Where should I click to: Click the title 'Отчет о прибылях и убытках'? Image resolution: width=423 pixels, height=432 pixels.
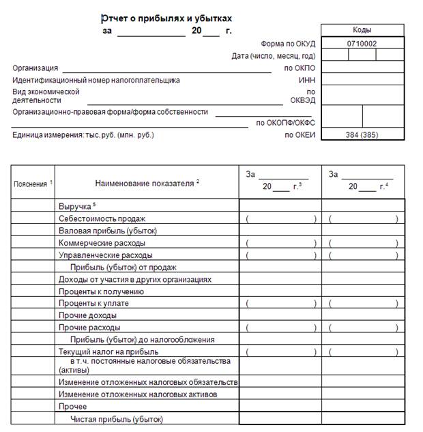pyautogui.click(x=166, y=18)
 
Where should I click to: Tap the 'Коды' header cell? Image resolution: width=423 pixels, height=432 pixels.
pyautogui.click(x=362, y=30)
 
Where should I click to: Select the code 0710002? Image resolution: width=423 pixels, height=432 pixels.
pyautogui.click(x=362, y=43)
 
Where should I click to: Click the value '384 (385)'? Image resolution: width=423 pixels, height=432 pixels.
pyautogui.click(x=362, y=134)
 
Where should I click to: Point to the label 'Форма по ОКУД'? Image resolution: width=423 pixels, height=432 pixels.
pyautogui.click(x=288, y=43)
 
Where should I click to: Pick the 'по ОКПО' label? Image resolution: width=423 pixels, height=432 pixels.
pyautogui.click(x=300, y=68)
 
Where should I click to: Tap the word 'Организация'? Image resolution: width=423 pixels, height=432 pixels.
pyautogui.click(x=35, y=68)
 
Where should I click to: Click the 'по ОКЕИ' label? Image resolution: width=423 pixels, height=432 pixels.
pyautogui.click(x=300, y=134)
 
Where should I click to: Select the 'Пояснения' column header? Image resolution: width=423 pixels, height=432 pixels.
pyautogui.click(x=31, y=184)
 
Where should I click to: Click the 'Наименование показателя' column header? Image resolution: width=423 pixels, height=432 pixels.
pyautogui.click(x=146, y=182)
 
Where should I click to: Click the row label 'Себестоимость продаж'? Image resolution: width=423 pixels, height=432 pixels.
pyautogui.click(x=102, y=218)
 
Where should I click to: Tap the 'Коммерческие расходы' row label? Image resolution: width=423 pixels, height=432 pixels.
pyautogui.click(x=102, y=243)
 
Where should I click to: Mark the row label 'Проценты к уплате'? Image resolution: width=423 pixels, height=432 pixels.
pyautogui.click(x=93, y=303)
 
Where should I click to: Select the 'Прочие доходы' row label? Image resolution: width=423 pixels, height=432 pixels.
pyautogui.click(x=87, y=315)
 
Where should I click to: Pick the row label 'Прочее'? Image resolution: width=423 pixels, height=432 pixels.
pyautogui.click(x=72, y=406)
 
